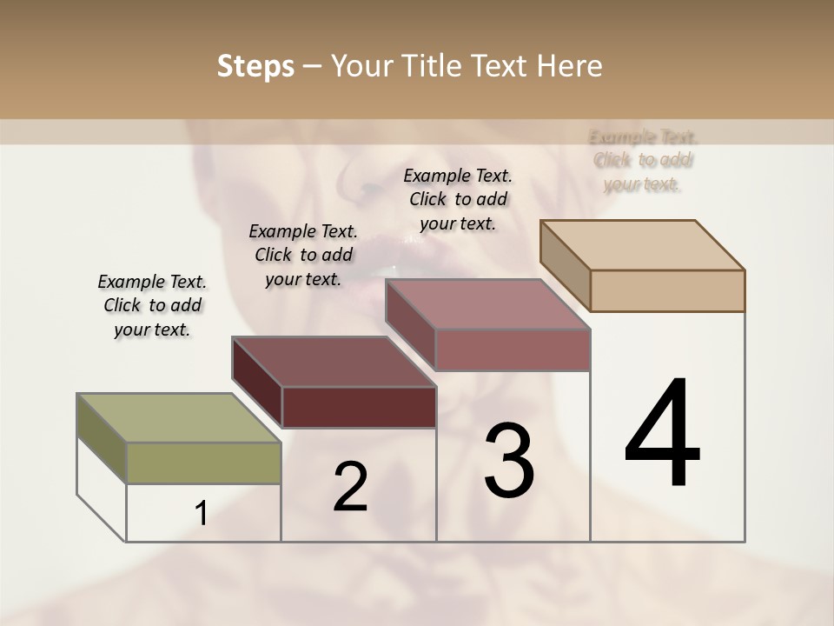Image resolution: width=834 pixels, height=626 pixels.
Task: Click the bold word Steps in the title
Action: click(255, 66)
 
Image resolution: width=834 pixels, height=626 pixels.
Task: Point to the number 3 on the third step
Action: click(509, 461)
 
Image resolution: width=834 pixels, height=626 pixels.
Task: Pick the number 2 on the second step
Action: click(351, 487)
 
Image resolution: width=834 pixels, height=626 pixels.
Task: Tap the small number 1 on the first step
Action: click(202, 514)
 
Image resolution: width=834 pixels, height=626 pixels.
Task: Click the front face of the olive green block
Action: click(203, 463)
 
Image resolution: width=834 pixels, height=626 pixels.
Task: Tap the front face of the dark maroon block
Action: click(359, 407)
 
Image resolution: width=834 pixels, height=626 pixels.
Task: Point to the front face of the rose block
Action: click(513, 350)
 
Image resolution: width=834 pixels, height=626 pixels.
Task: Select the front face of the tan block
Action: click(667, 290)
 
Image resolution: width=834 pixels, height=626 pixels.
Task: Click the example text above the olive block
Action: click(152, 305)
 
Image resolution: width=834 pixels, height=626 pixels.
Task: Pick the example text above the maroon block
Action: click(303, 255)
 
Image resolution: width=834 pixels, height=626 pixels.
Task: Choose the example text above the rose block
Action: click(458, 199)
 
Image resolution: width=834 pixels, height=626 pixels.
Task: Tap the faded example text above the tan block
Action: click(643, 160)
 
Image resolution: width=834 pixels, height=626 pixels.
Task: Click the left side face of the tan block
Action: click(565, 265)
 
